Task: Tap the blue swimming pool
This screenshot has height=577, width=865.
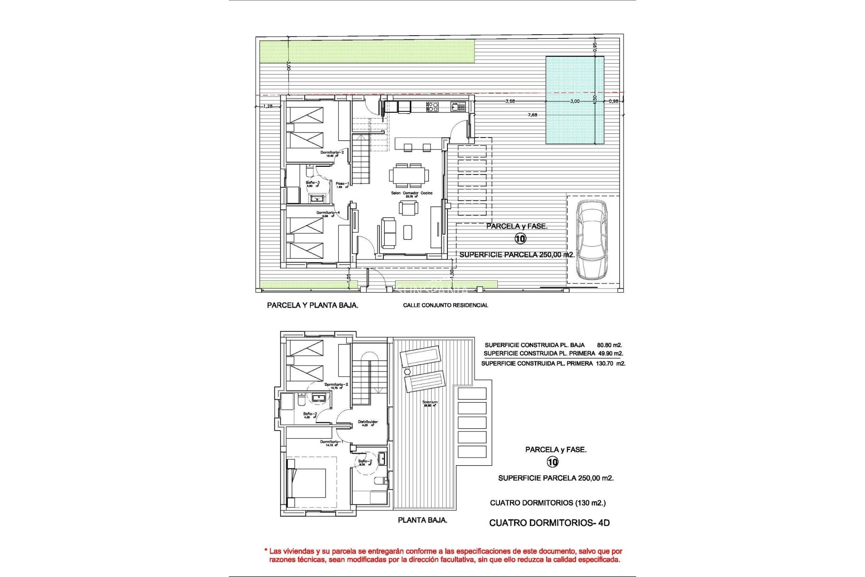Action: pyautogui.click(x=574, y=100)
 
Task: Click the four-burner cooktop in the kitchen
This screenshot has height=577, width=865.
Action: pyautogui.click(x=432, y=107)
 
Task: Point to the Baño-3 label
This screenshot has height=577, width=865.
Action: pyautogui.click(x=313, y=183)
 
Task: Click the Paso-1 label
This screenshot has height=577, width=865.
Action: pyautogui.click(x=342, y=183)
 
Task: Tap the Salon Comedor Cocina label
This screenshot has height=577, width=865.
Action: pyautogui.click(x=411, y=193)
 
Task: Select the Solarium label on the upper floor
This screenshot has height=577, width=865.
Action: pyautogui.click(x=430, y=402)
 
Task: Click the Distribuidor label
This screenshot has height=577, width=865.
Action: pyautogui.click(x=368, y=422)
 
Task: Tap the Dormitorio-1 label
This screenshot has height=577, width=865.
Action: pyautogui.click(x=331, y=442)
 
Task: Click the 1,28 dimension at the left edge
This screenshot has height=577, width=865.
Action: pyautogui.click(x=268, y=106)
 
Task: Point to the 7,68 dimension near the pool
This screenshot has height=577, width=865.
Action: pyautogui.click(x=532, y=115)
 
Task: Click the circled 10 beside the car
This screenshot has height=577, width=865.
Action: pyautogui.click(x=520, y=239)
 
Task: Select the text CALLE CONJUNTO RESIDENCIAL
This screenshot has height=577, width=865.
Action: pyautogui.click(x=445, y=305)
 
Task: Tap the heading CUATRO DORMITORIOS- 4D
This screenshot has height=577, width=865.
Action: pyautogui.click(x=549, y=523)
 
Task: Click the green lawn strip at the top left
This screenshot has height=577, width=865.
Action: pyautogui.click(x=367, y=51)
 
